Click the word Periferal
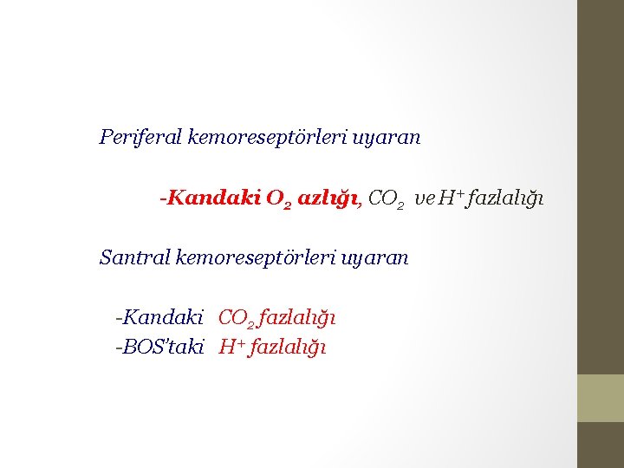(140, 137)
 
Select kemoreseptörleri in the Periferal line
(268, 137)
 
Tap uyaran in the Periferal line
(387, 137)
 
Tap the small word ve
(424, 199)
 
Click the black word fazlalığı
(507, 199)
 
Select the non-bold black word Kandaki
(162, 318)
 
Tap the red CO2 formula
(237, 319)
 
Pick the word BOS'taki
(162, 348)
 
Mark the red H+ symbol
(231, 348)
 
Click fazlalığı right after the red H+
(287, 348)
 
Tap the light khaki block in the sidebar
(601, 398)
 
